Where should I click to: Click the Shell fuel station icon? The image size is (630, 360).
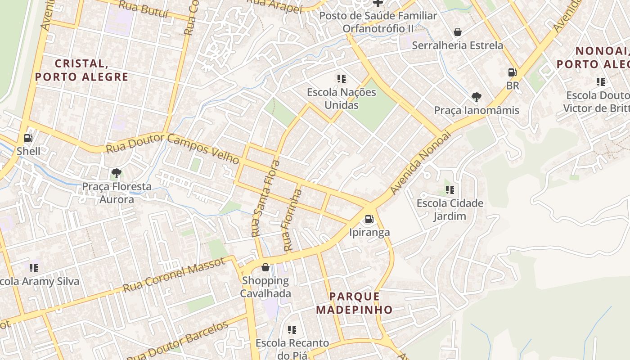click(x=28, y=138)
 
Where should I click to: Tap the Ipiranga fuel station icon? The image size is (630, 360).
click(x=369, y=219)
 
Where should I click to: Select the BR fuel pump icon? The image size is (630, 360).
click(x=512, y=72)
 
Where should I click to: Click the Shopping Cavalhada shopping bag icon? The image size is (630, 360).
click(x=265, y=267)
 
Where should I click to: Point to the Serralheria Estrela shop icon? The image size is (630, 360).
click(x=457, y=32)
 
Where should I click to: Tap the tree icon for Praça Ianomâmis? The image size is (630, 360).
click(x=476, y=97)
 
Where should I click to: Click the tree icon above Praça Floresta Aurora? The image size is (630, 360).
click(x=116, y=173)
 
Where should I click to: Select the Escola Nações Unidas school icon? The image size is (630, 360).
click(x=342, y=79)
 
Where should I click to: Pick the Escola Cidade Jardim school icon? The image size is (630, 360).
click(x=450, y=189)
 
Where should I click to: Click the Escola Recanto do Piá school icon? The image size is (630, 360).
click(x=292, y=330)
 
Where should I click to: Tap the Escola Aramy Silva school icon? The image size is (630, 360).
click(x=34, y=268)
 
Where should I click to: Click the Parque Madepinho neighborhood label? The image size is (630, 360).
click(x=354, y=303)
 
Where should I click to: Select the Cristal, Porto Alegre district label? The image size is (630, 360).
click(x=82, y=70)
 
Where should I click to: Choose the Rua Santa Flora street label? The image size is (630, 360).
click(x=265, y=198)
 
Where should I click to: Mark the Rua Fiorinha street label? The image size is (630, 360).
click(x=292, y=220)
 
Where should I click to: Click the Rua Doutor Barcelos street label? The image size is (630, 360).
click(x=178, y=340)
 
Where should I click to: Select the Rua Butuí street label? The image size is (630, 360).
click(x=144, y=9)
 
